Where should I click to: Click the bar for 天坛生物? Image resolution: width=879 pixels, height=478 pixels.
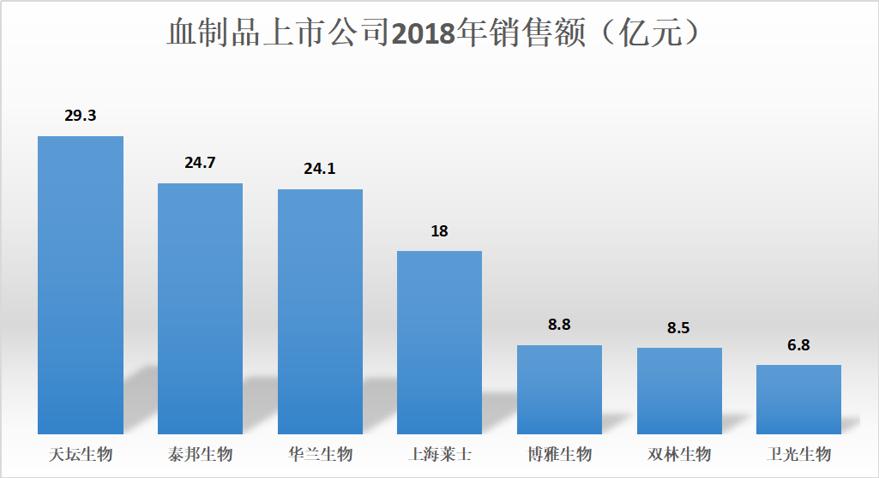81,284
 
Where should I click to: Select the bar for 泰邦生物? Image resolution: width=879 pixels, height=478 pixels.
200,308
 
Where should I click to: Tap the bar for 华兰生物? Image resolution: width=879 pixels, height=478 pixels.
320,311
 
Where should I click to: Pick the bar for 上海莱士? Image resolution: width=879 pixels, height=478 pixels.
439,342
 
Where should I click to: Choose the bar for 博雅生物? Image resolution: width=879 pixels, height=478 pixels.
559,389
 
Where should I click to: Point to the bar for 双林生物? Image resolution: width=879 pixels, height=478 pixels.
679,391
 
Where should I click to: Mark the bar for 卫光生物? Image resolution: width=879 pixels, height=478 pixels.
798,399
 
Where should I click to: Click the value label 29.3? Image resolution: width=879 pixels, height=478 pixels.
81,116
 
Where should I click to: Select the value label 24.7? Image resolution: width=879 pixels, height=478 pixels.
200,162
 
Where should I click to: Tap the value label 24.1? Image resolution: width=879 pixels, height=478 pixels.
320,169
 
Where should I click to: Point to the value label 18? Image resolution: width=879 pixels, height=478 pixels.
439,231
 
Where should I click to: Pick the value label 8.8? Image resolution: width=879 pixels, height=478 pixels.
559,325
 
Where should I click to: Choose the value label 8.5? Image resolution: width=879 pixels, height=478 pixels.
679,327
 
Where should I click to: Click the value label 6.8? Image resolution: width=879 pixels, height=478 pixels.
798,345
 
